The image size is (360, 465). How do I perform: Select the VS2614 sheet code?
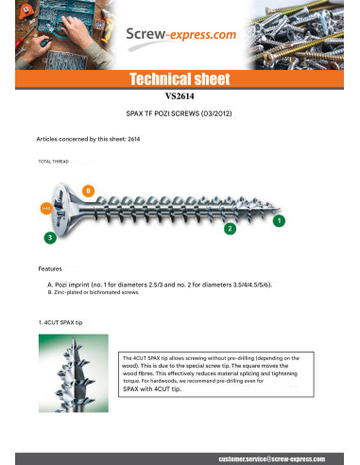tap(180, 95)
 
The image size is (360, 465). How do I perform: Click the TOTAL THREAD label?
tap(54, 163)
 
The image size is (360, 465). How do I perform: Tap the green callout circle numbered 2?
tap(229, 229)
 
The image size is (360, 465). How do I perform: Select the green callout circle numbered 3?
tap(49, 236)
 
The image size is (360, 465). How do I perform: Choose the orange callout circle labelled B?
tap(88, 191)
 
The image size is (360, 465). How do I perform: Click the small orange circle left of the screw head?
tap(44, 207)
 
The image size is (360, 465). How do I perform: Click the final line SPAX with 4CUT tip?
tap(161, 388)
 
